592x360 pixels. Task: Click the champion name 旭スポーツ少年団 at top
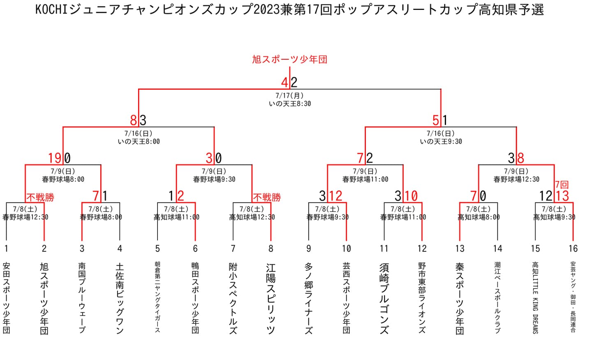(x=289, y=60)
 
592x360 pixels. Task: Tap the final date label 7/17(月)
(x=289, y=95)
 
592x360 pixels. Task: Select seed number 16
(x=573, y=249)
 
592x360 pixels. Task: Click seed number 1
(x=6, y=249)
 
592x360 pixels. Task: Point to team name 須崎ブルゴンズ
(x=384, y=298)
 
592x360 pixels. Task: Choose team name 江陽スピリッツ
(x=271, y=298)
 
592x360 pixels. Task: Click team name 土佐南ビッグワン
(x=120, y=298)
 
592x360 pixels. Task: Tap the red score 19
(x=55, y=158)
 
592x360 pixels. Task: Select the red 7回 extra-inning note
(x=562, y=185)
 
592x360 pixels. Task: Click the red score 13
(x=562, y=195)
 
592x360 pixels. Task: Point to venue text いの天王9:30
(x=441, y=142)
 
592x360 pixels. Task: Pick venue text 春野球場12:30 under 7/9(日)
(x=516, y=179)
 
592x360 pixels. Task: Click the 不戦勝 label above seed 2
(x=40, y=197)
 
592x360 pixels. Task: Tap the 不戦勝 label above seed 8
(x=267, y=197)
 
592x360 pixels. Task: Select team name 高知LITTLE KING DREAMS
(x=535, y=298)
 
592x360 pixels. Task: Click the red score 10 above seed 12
(x=411, y=195)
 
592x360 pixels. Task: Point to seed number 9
(x=308, y=249)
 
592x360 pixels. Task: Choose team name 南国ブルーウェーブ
(x=82, y=298)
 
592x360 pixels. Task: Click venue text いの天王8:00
(x=139, y=142)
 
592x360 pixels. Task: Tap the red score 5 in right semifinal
(x=436, y=120)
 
